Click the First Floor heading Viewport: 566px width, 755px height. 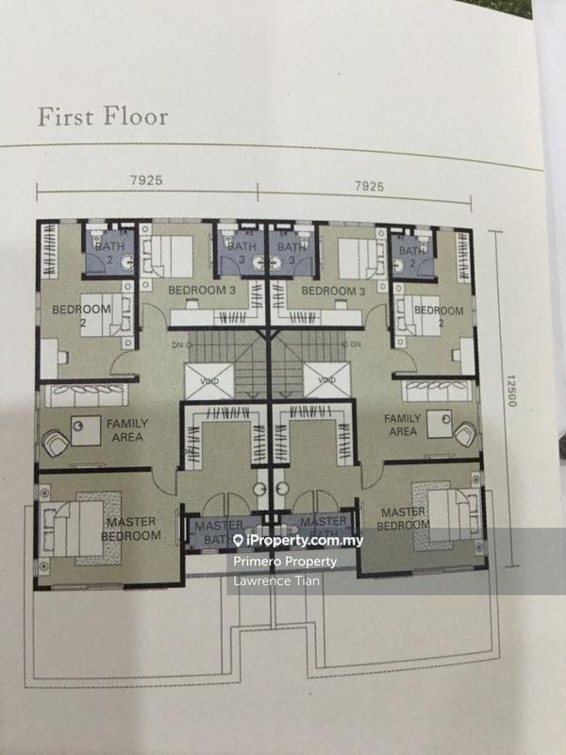click(103, 117)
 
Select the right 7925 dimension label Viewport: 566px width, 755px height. click(371, 187)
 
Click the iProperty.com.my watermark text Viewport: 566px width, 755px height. click(288, 540)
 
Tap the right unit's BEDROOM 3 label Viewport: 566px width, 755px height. click(333, 292)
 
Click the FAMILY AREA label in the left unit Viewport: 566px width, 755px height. click(125, 430)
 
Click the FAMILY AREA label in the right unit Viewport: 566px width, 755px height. click(402, 425)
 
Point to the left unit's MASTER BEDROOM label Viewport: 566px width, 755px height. click(132, 528)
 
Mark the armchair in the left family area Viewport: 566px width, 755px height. click(54, 439)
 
